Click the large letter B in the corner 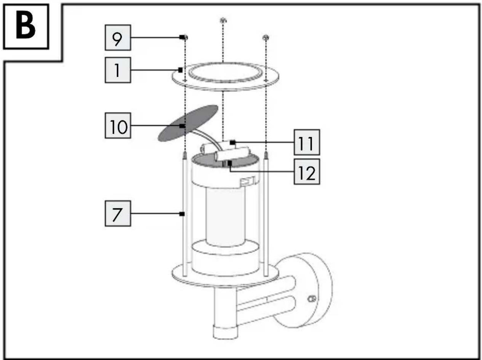tap(26, 26)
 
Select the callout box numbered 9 tap(118, 38)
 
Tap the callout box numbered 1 tap(118, 70)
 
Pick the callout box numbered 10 tap(118, 126)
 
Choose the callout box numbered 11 tap(307, 142)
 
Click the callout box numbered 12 tap(307, 172)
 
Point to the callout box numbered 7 tap(118, 213)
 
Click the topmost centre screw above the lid tap(223, 21)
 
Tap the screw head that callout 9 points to tap(185, 38)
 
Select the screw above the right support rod tap(266, 38)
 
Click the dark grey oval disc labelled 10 tap(188, 123)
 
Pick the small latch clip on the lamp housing tap(248, 181)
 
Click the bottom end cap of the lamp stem tap(226, 333)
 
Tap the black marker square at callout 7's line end tap(182, 214)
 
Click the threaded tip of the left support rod tap(185, 155)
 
